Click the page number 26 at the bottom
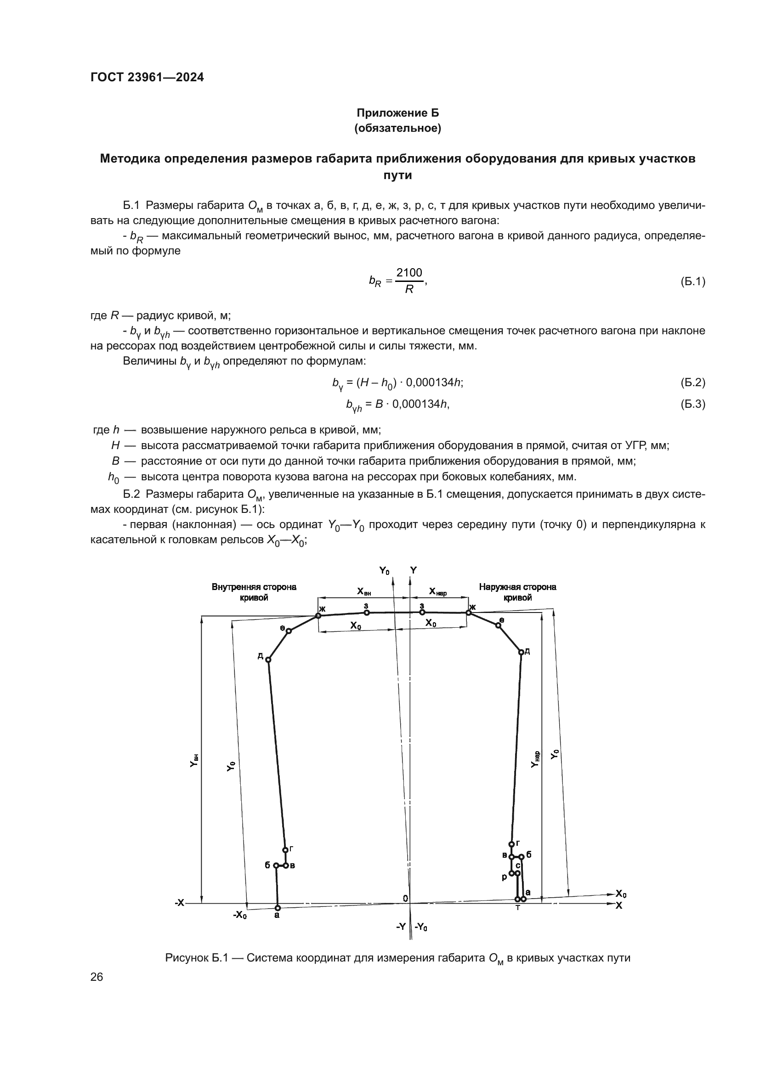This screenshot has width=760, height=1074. coord(96,977)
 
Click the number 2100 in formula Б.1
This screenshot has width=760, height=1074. coord(408,272)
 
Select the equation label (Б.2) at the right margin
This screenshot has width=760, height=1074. coord(692,382)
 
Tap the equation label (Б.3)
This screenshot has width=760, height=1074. coord(692,404)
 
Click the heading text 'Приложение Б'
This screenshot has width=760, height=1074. coord(398,113)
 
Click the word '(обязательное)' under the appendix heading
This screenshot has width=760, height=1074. coord(398,128)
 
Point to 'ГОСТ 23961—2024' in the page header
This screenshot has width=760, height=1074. coord(147,78)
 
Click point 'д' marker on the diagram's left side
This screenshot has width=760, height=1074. coord(268,659)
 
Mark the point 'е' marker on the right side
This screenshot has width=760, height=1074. coord(499,625)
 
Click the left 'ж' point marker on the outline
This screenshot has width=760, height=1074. coord(318,616)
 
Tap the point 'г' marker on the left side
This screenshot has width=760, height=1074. coord(285,849)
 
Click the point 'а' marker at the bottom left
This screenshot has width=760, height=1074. coord(278,908)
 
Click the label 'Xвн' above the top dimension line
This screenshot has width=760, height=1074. coord(364,591)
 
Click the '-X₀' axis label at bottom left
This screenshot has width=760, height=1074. coord(240,915)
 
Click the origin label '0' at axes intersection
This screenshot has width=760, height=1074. coord(405,898)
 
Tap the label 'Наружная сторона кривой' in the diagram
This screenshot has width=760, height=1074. coord(517,592)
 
